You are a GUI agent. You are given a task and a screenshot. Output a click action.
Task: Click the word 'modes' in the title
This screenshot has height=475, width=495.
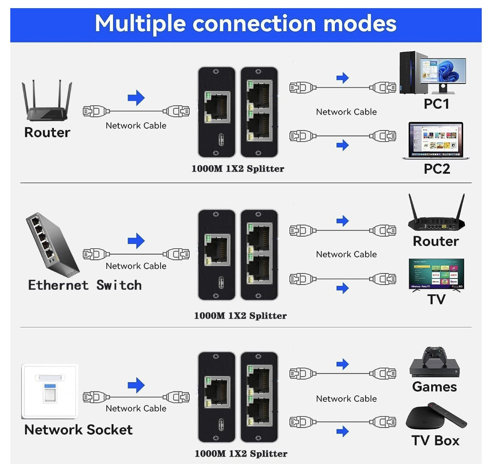pyautogui.click(x=360, y=24)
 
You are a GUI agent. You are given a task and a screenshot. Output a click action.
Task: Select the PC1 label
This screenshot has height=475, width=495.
pyautogui.click(x=436, y=104)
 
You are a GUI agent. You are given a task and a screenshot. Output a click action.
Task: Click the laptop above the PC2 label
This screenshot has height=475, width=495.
pyautogui.click(x=435, y=140)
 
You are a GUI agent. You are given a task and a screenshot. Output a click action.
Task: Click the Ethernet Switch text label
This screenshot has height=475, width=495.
pyautogui.click(x=85, y=285)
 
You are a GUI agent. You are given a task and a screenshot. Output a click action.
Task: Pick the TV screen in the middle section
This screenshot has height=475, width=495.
pyautogui.click(x=436, y=274)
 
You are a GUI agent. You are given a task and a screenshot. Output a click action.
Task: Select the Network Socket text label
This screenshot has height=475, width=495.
pyautogui.click(x=78, y=430)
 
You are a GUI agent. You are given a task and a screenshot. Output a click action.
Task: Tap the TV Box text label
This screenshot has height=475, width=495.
pyautogui.click(x=435, y=441)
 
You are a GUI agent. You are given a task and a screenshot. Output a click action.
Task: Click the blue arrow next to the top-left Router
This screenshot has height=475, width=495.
pyautogui.click(x=136, y=98)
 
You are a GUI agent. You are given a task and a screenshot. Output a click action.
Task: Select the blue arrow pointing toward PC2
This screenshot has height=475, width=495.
pyautogui.click(x=343, y=145)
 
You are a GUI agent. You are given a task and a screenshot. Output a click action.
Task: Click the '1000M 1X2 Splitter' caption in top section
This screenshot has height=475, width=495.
pyautogui.click(x=238, y=169)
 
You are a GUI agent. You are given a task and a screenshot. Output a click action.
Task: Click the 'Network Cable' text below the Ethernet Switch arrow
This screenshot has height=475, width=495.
pyautogui.click(x=136, y=266)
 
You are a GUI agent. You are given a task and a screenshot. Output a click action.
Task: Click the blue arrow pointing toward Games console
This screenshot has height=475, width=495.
pyautogui.click(x=343, y=364)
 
